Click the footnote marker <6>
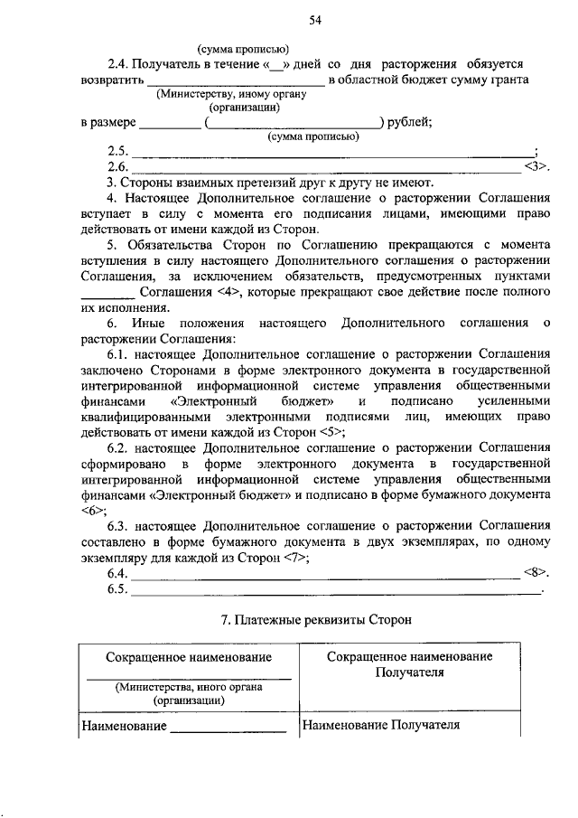(x=92, y=510)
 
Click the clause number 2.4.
(x=119, y=65)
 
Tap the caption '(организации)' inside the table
(x=189, y=700)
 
